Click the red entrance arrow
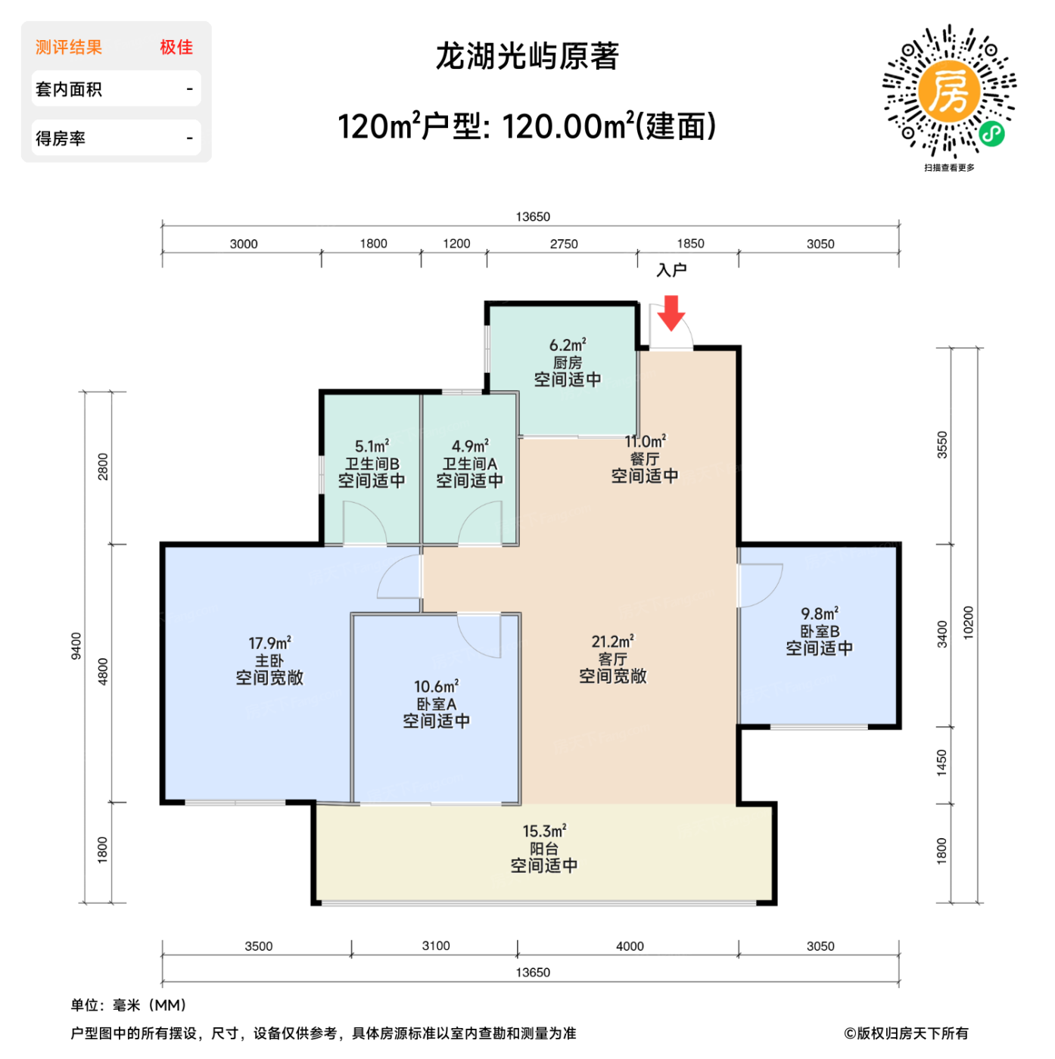[x=671, y=312]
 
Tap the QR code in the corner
[x=949, y=92]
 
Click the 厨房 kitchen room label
[x=568, y=363]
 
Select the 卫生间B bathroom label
[x=372, y=464]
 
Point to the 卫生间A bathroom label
[x=469, y=464]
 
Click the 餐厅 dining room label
[x=645, y=459]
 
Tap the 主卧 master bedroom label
[x=269, y=660]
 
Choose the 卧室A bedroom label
[x=436, y=704]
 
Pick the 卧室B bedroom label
[x=819, y=631]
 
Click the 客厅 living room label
[x=612, y=659]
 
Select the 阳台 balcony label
[x=543, y=849]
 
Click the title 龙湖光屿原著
[x=527, y=57]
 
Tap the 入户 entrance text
[x=671, y=270]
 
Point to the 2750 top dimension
[x=564, y=244]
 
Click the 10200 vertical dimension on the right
[x=969, y=623]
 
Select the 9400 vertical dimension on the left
[x=76, y=646]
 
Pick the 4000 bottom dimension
[x=630, y=946]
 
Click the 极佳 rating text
[x=176, y=47]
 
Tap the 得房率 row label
[x=61, y=138]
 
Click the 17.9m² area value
[x=269, y=643]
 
